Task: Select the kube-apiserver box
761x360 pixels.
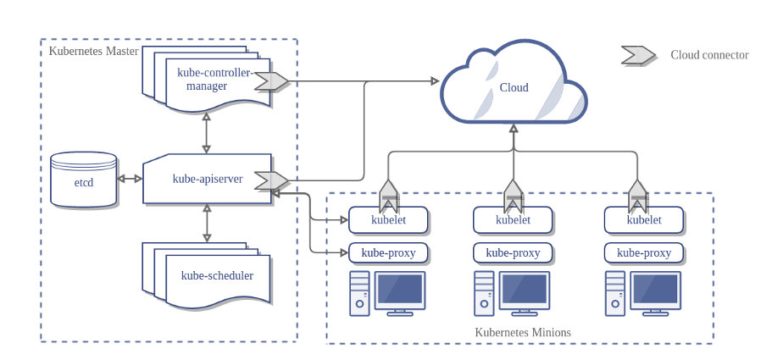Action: click(x=206, y=179)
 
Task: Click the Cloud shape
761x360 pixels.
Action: click(x=513, y=87)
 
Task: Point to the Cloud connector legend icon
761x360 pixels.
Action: click(x=637, y=55)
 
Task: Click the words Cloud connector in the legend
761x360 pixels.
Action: click(x=709, y=55)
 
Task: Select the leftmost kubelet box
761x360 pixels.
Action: click(x=388, y=220)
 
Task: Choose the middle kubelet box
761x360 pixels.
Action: click(x=513, y=220)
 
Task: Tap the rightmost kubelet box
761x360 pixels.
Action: click(x=644, y=220)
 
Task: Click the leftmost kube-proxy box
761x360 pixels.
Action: click(x=388, y=252)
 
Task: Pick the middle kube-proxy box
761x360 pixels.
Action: click(x=513, y=252)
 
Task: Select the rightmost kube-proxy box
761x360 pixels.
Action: click(x=644, y=252)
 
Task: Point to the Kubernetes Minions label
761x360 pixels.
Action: click(x=522, y=332)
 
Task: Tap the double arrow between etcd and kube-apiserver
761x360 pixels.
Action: click(x=130, y=180)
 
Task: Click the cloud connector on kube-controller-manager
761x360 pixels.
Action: click(x=273, y=81)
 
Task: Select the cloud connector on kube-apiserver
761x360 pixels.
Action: click(x=273, y=180)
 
